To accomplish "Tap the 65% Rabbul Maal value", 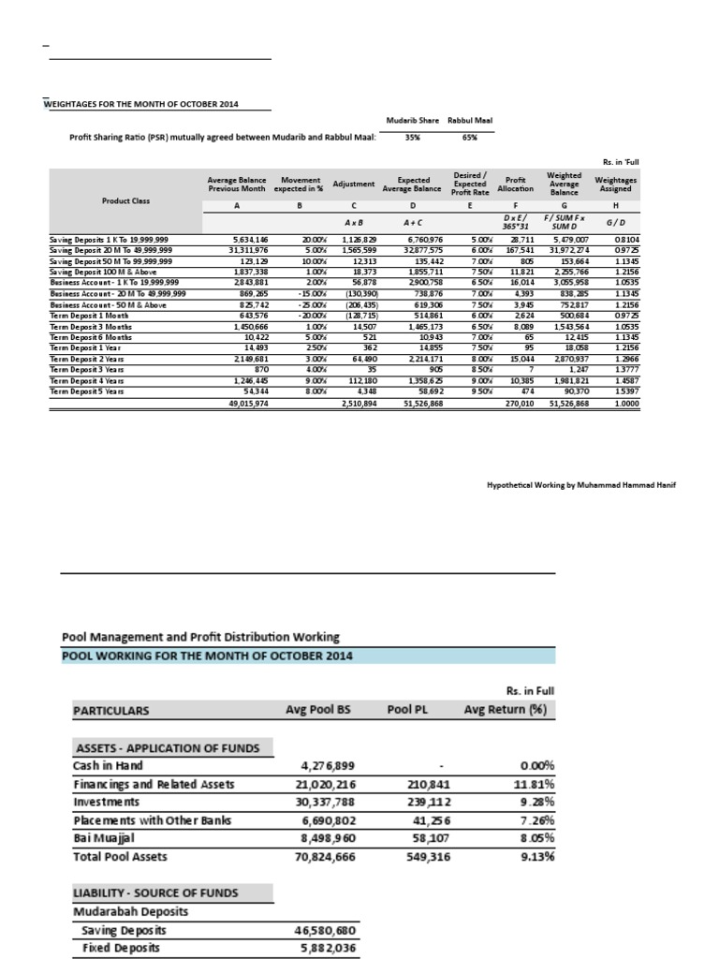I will [x=470, y=138].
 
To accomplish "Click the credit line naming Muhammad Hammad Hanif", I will [x=567, y=486].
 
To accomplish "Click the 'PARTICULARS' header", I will [x=110, y=710].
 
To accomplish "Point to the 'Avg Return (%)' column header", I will [x=506, y=710].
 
